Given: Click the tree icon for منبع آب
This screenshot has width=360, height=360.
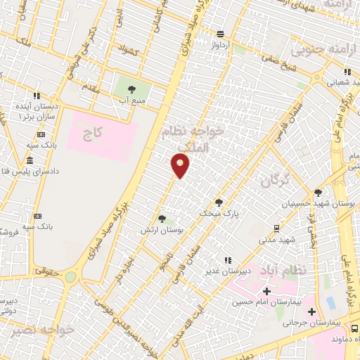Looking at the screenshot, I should click(x=131, y=89).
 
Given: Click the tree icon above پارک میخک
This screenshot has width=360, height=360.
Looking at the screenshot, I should click(x=219, y=201).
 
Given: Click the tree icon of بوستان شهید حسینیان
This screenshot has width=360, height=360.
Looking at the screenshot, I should click(x=318, y=192).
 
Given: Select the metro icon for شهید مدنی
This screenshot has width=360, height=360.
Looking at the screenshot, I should click(x=276, y=228).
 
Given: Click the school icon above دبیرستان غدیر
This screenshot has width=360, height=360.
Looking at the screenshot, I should click(x=226, y=260).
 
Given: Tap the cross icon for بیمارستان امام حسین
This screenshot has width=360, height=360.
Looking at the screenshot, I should click(x=266, y=291).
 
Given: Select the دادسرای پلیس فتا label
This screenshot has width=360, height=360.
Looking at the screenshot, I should click(x=32, y=171).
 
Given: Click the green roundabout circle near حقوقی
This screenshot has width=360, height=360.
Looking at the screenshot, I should click(x=71, y=277).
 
